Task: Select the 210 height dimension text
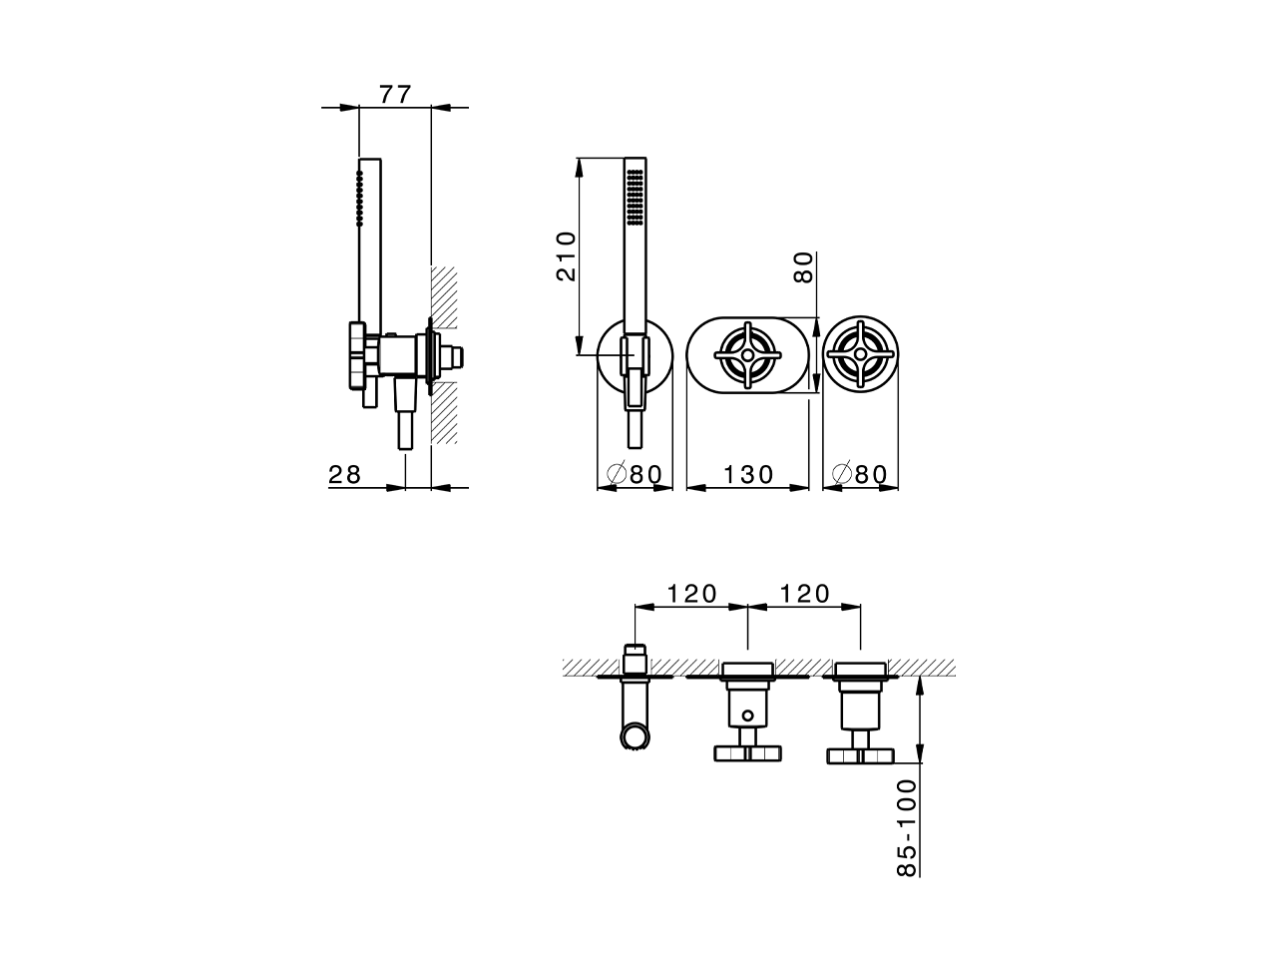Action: tap(566, 256)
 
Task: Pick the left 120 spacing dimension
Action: tap(692, 594)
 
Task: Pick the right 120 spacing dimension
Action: tap(804, 594)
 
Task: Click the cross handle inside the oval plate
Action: tap(748, 355)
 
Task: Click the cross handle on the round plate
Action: tap(861, 355)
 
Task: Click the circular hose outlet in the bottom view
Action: tap(634, 737)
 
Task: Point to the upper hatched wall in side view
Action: tap(444, 295)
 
